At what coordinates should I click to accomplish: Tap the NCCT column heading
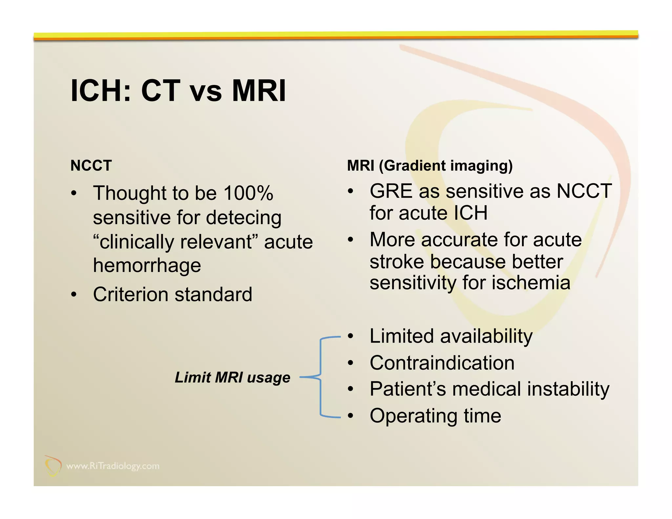(91, 166)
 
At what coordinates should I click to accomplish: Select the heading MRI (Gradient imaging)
(430, 166)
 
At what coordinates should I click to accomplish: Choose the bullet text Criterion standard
(173, 294)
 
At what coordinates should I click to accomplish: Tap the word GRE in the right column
(390, 191)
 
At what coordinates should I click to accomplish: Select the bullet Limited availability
(451, 336)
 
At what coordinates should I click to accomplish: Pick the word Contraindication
(442, 363)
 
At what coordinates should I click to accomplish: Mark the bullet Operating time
(435, 416)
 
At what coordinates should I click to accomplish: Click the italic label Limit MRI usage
(232, 377)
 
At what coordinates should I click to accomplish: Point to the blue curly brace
(320, 377)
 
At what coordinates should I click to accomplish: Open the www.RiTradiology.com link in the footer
(113, 466)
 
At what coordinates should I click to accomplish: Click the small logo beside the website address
(53, 466)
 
